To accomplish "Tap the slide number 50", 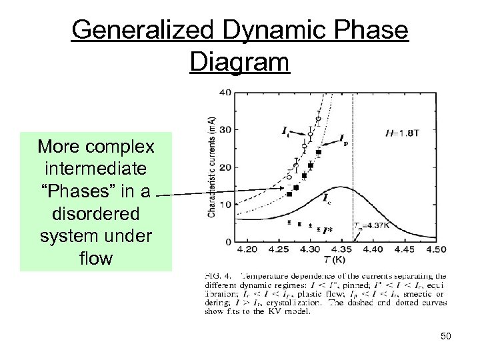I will (445, 335).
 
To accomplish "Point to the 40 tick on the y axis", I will (225, 92).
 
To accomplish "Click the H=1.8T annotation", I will (403, 133).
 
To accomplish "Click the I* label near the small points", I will (326, 231).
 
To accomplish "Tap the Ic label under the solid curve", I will (326, 198).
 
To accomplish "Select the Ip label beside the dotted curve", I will (343, 139).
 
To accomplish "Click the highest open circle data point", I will (318, 119).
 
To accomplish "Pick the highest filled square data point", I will (318, 153).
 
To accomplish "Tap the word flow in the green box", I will (95, 258).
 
